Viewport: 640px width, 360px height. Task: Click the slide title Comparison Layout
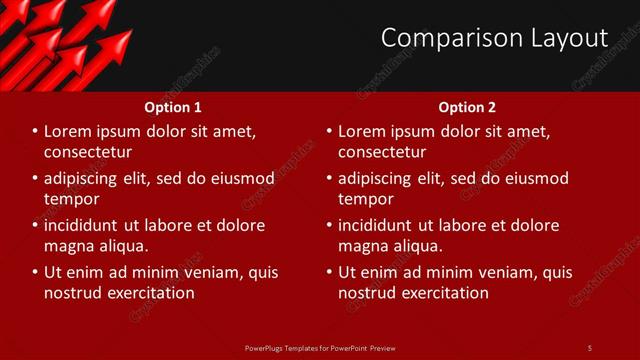coord(494,38)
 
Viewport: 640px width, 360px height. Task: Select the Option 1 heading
coord(173,107)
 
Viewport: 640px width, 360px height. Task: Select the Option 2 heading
coord(467,107)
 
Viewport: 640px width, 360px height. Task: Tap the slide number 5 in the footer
coord(589,347)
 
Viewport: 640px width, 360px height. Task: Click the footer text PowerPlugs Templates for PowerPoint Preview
coord(320,347)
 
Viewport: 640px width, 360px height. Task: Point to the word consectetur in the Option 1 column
coord(88,152)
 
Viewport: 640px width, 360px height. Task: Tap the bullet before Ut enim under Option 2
coord(329,272)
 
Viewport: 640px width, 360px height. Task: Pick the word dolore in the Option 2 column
coord(534,225)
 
